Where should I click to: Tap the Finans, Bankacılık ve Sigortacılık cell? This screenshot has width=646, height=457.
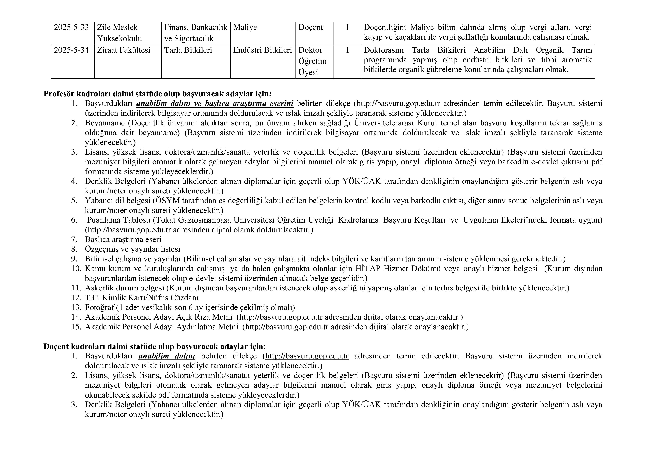point(196,33)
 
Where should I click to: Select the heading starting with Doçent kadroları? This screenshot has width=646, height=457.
point(155,346)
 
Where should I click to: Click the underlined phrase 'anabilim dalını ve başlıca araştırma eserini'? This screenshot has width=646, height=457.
point(215,104)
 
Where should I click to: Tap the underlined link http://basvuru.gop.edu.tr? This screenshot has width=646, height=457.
point(307,356)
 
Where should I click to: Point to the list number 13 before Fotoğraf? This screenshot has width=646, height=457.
point(76,307)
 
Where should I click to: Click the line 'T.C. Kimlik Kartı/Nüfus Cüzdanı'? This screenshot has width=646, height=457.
point(142,298)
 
